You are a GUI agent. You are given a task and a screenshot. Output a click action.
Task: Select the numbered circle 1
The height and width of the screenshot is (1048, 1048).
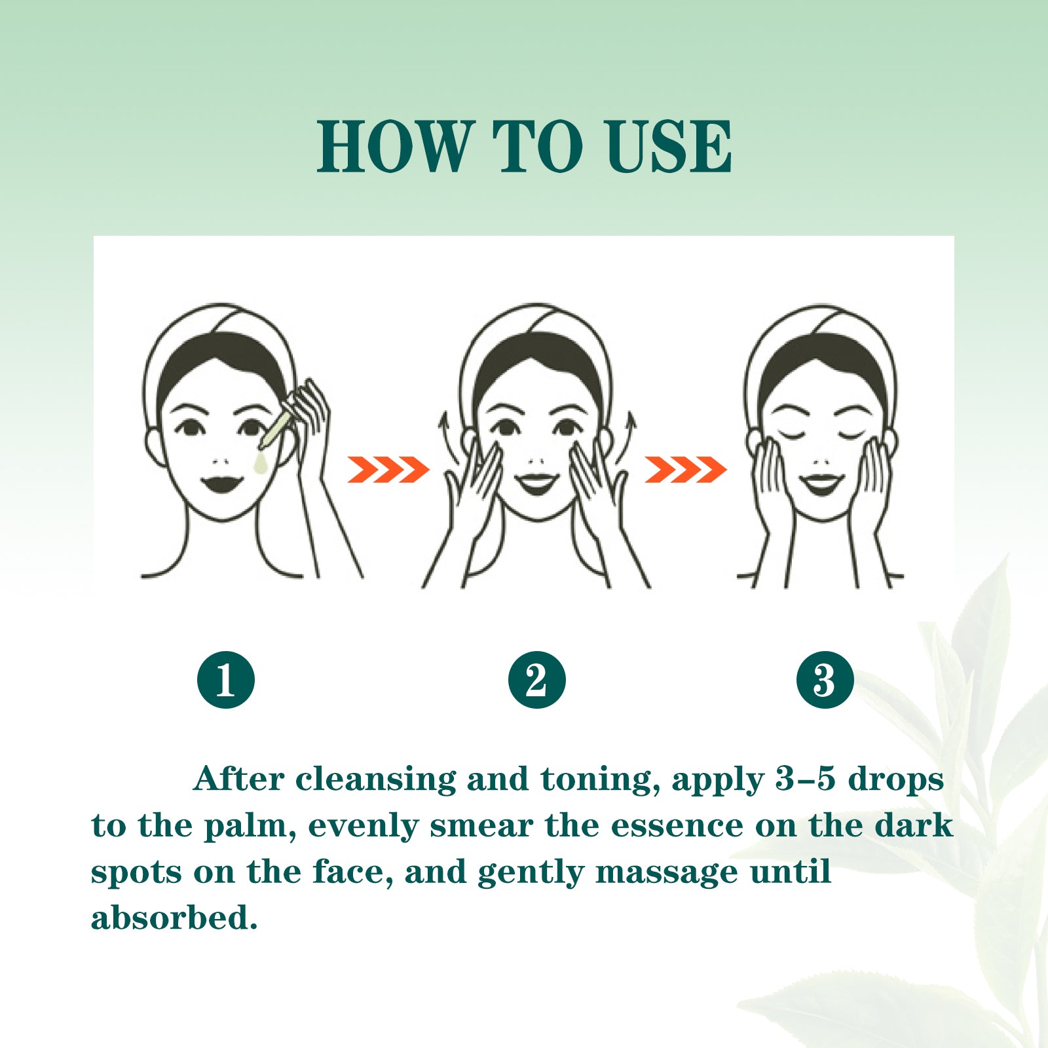coord(226,680)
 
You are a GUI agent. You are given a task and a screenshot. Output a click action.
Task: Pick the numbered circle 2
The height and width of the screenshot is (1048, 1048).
coord(537,680)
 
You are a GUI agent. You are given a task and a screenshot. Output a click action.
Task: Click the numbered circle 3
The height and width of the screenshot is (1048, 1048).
coord(825,680)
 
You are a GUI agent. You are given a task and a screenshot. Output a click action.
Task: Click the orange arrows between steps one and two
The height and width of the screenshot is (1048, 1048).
coord(388,470)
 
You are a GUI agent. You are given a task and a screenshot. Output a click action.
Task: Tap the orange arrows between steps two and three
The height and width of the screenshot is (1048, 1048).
coord(686,470)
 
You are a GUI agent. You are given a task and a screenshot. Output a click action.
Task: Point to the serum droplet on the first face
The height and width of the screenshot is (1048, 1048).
coord(261,462)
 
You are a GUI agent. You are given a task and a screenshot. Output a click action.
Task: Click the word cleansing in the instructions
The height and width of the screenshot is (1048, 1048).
coord(376,779)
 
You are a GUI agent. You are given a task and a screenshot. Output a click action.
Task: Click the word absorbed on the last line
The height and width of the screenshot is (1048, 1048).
coord(174,917)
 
